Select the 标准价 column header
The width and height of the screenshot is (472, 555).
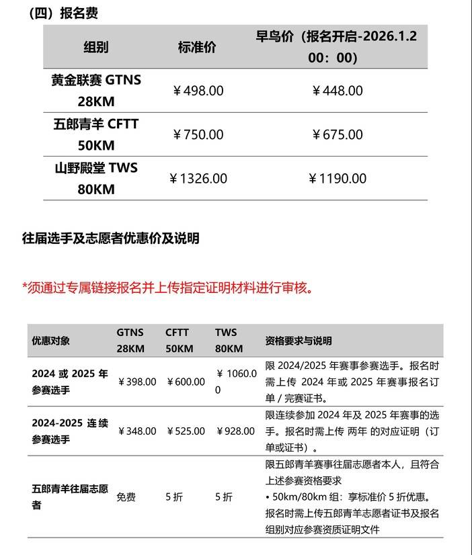[x=197, y=48]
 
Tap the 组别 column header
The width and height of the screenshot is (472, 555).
[x=96, y=48]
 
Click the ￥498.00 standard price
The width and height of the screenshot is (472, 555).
[x=198, y=91]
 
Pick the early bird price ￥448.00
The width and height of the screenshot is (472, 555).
[x=338, y=91]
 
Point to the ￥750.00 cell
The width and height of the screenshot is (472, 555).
[x=198, y=134]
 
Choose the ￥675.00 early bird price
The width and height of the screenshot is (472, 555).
[x=338, y=134]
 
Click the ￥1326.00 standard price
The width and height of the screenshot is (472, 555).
[x=198, y=179]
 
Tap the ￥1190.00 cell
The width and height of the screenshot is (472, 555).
[x=338, y=179]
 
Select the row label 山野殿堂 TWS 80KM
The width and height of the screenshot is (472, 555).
[x=96, y=179]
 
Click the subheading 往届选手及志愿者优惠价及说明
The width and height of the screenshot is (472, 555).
[x=111, y=239]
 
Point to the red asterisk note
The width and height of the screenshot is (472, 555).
[x=168, y=288]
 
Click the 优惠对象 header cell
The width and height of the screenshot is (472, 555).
[x=50, y=341]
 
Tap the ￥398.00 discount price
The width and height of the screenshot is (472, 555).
[x=137, y=382]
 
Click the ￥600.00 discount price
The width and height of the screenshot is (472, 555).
[x=186, y=382]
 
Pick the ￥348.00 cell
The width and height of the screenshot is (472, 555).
[x=137, y=431]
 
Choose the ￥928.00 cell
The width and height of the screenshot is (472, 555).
[x=235, y=431]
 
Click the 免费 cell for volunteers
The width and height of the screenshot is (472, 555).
[x=126, y=497]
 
